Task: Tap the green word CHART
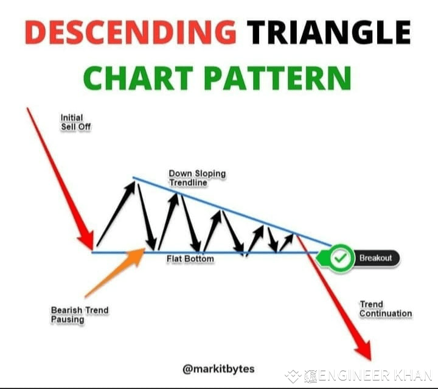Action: click(x=138, y=78)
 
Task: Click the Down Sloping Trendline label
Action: click(x=196, y=178)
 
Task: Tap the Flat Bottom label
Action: click(x=190, y=259)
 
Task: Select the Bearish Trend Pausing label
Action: click(x=79, y=314)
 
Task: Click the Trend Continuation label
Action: click(x=385, y=309)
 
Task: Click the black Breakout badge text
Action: click(x=375, y=258)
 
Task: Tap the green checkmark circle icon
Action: click(x=342, y=258)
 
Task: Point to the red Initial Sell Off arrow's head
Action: click(x=86, y=239)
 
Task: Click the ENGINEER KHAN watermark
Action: click(x=367, y=375)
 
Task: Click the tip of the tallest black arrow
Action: click(x=133, y=180)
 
